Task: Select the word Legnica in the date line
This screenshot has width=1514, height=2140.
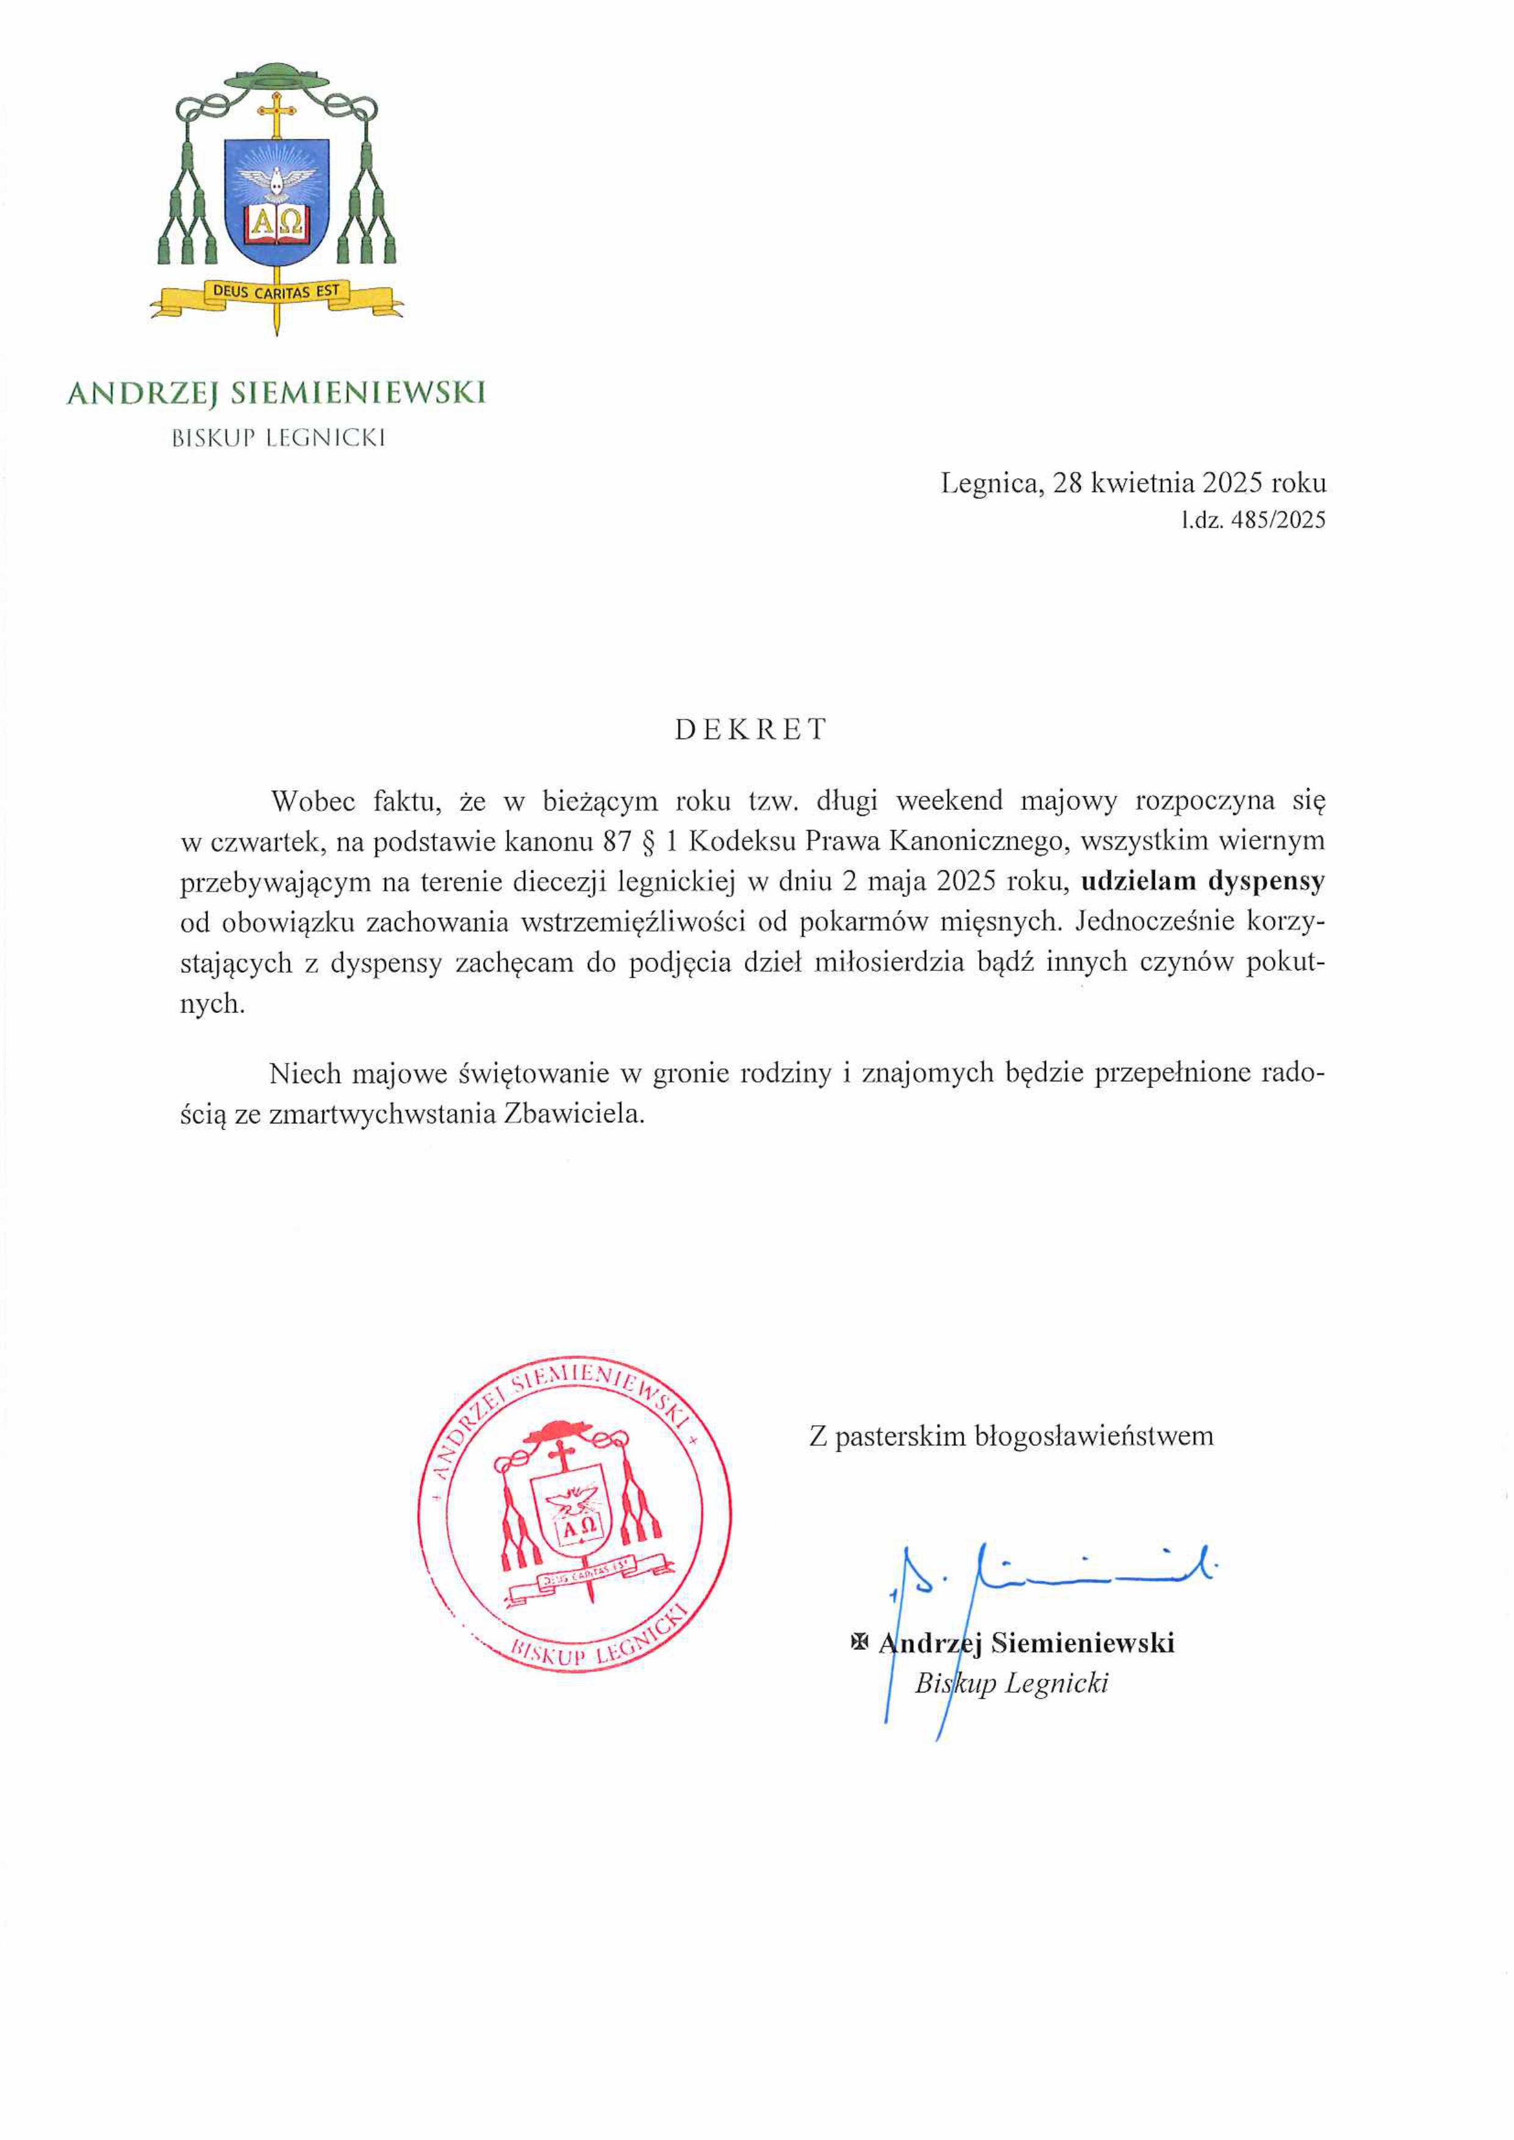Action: [x=990, y=483]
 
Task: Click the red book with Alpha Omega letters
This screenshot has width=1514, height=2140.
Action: [x=277, y=224]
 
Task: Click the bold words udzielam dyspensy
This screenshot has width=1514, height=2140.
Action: [x=1203, y=881]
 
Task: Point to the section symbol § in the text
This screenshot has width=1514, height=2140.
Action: [x=644, y=841]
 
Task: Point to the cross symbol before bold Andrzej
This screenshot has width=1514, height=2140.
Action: [x=859, y=1642]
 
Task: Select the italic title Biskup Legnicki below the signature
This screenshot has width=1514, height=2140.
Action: [x=1011, y=1683]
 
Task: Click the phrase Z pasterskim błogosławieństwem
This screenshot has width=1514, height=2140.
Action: [x=1011, y=1436]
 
